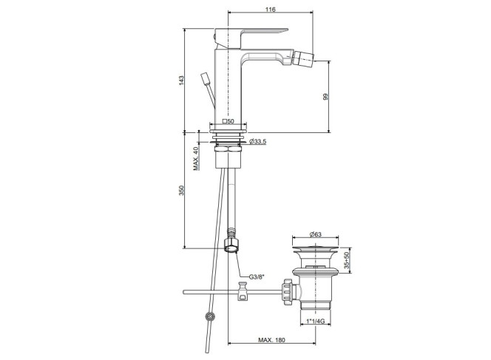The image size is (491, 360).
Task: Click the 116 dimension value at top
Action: pos(270,10)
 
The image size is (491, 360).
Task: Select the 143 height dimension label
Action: pos(181,81)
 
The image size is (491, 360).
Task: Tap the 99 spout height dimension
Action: pos(325,97)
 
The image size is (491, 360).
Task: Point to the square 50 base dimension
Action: pos(228,121)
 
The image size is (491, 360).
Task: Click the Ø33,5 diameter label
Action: pos(258,142)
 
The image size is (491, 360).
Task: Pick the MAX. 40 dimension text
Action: pos(196,158)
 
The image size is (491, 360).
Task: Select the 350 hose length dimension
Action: pos(181,190)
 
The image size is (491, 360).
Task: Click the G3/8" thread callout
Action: pos(257,276)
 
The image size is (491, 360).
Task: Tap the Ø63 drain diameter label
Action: pos(315,234)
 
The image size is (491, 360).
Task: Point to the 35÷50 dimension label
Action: pos(346,260)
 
